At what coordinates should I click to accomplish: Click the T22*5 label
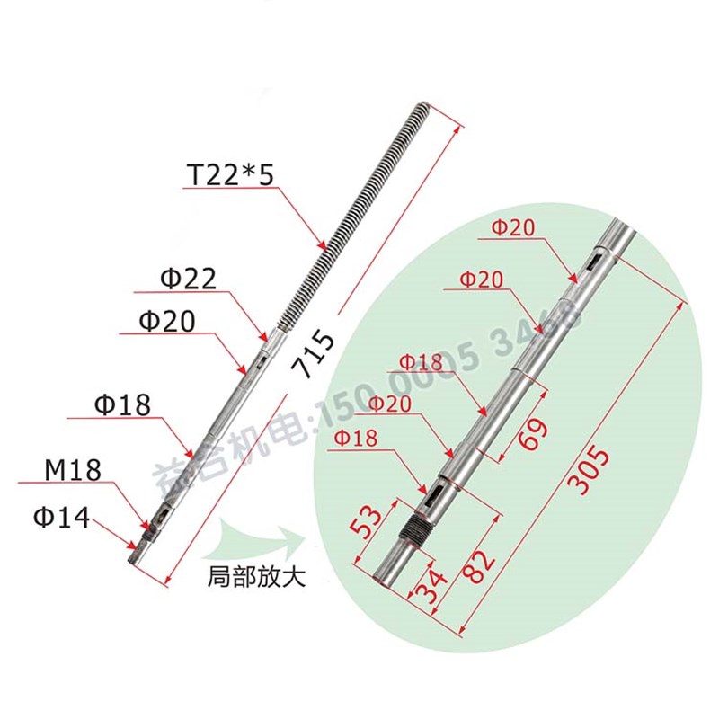229,173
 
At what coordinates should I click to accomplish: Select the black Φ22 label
189,280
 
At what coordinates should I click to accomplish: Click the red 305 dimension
590,468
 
